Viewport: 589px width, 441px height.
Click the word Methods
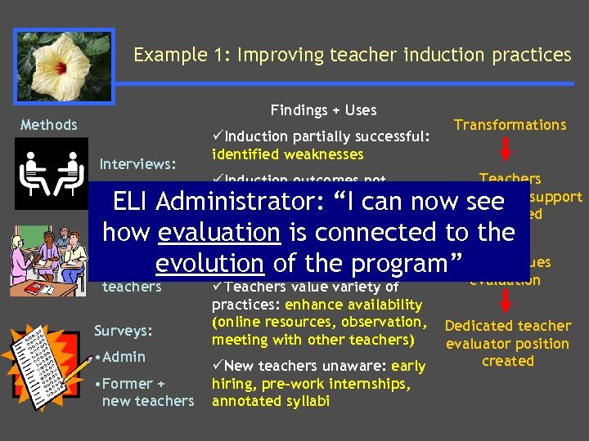click(x=49, y=125)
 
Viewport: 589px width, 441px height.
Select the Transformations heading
click(x=510, y=125)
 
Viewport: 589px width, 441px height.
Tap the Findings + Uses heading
click(x=324, y=109)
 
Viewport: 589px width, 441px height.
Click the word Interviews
click(x=137, y=164)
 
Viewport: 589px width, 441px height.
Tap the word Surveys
click(x=124, y=331)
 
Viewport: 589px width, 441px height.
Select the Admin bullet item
click(x=123, y=357)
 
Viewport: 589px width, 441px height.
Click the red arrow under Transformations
click(x=506, y=149)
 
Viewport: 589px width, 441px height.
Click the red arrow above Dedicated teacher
click(x=506, y=302)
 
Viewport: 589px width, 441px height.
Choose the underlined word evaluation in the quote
click(x=219, y=233)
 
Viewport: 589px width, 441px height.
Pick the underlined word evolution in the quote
click(x=209, y=263)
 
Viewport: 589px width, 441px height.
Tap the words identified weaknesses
click(x=287, y=154)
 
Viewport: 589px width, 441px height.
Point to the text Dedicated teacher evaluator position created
click(x=507, y=344)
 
